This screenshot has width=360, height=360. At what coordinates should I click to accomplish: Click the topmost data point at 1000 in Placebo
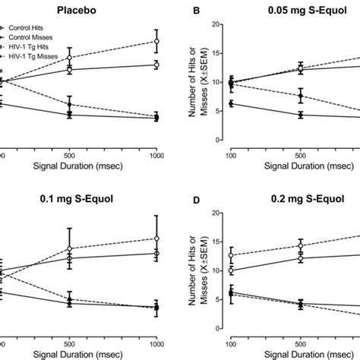[x=156, y=41]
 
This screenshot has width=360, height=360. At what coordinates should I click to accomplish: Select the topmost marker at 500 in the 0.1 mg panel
[x=70, y=248]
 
